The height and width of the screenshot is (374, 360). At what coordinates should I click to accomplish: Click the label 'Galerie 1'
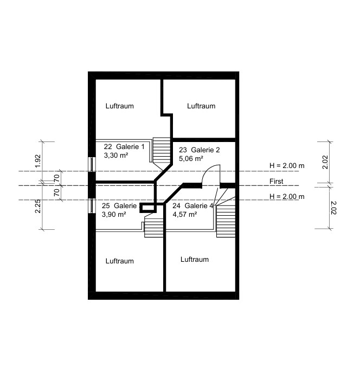(130, 147)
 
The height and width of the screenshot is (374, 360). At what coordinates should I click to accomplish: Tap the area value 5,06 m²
(191, 158)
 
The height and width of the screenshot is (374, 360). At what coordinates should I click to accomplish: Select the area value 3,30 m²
(116, 156)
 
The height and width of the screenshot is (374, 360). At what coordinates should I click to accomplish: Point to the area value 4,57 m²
(185, 215)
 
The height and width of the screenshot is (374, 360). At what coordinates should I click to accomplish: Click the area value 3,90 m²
(114, 215)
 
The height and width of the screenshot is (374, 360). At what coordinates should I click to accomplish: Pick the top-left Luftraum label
(119, 106)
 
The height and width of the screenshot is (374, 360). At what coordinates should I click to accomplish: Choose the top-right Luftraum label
(201, 106)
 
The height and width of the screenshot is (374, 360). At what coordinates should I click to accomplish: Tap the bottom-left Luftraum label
(119, 261)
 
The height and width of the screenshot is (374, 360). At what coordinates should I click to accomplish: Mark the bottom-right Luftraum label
(195, 259)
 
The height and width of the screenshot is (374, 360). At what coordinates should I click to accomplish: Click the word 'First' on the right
(277, 181)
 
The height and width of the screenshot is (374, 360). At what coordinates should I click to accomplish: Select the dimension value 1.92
(38, 161)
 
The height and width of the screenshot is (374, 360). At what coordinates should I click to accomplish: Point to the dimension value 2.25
(38, 206)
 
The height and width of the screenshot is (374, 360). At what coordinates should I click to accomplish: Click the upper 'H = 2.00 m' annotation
(287, 165)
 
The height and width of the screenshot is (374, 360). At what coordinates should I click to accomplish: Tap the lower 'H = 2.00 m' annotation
(287, 197)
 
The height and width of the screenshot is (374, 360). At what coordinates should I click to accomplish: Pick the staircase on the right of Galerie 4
(226, 217)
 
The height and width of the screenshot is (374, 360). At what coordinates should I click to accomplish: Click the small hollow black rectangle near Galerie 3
(148, 208)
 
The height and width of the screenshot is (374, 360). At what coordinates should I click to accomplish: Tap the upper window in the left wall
(92, 164)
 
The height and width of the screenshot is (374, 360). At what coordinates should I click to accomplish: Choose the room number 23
(183, 150)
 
